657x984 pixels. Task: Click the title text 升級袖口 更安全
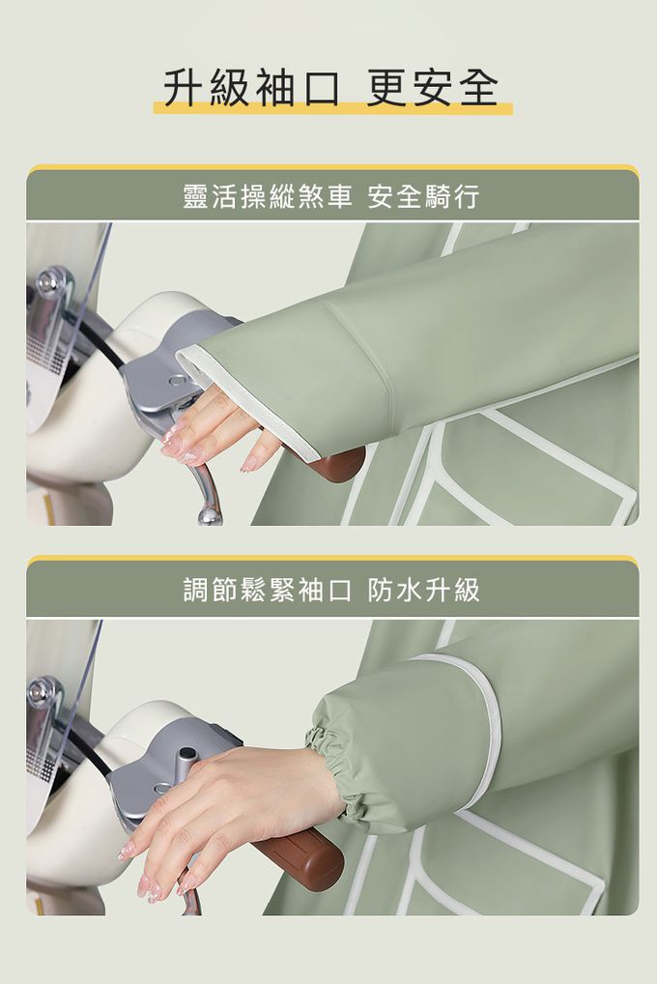point(331,87)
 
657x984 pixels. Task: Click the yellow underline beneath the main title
point(332,108)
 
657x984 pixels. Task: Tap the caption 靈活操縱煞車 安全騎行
point(331,196)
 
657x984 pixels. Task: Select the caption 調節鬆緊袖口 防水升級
point(331,590)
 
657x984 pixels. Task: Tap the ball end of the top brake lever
point(209,516)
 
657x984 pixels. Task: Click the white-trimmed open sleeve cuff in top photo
point(251,402)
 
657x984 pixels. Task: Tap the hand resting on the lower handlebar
point(226,810)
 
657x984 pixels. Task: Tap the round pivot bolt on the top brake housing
point(178,380)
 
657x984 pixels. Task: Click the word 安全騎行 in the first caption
point(424,196)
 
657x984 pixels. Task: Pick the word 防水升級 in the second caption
point(424,590)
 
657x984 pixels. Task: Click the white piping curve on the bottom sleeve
point(477,722)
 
